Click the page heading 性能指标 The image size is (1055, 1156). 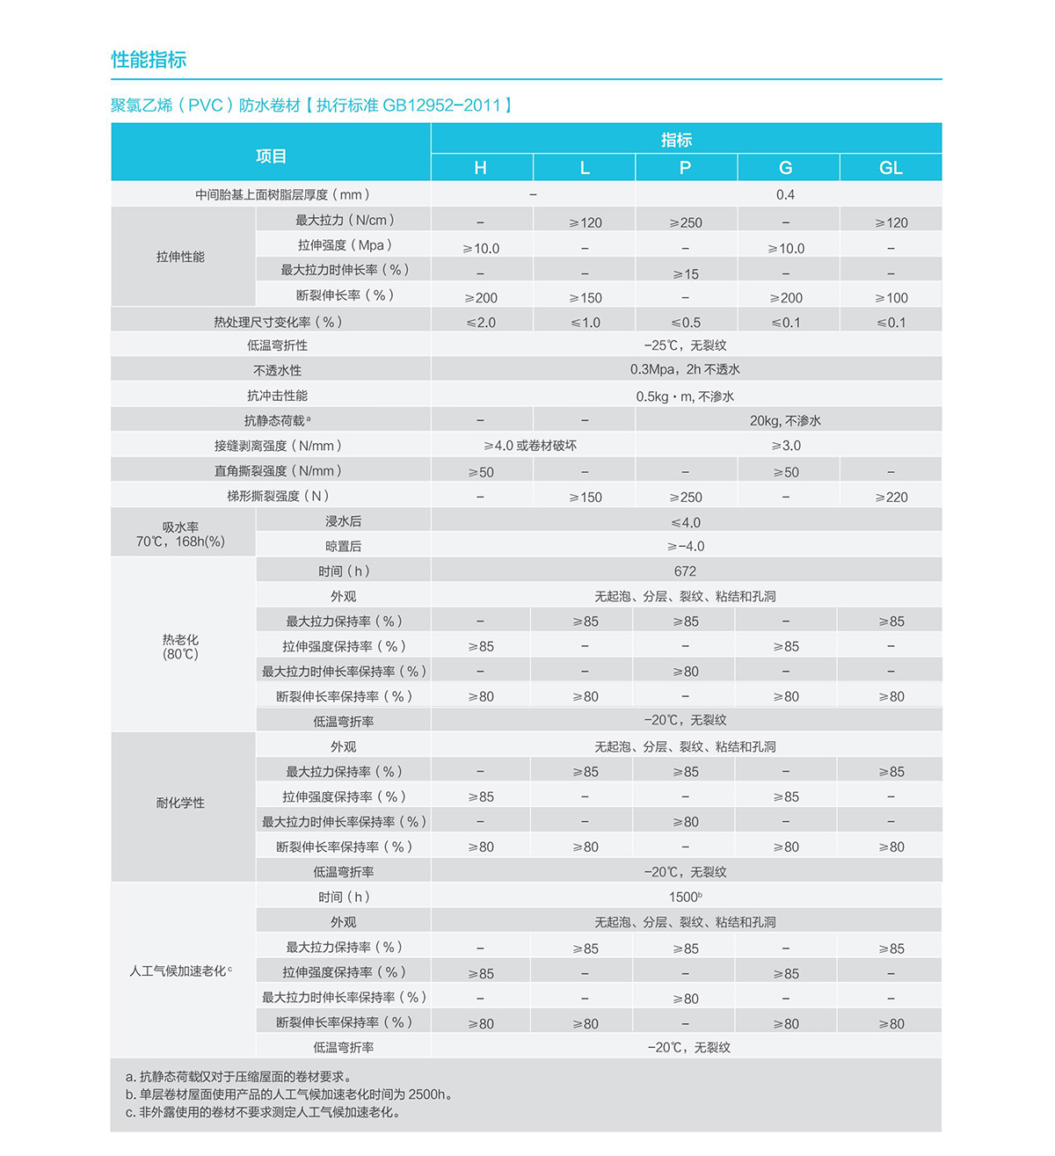pos(149,60)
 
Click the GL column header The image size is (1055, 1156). pos(891,168)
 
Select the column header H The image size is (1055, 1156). pos(480,168)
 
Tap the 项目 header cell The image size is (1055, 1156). pos(271,156)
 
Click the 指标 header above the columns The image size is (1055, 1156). pos(676,139)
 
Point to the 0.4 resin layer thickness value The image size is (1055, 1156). pos(785,194)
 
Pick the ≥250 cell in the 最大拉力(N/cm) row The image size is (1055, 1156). pos(686,222)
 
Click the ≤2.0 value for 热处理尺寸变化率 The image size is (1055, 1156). pos(481,323)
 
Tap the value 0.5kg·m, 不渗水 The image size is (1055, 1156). pos(685,396)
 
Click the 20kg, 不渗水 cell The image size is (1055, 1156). pos(785,421)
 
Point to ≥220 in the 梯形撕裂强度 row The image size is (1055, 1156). pos(891,497)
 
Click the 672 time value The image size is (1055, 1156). pos(685,571)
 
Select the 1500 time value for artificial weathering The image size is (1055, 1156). pos(685,898)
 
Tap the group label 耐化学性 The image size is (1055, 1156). pos(180,803)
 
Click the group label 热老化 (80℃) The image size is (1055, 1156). pos(180,646)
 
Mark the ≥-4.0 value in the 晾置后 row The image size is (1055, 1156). pos(685,546)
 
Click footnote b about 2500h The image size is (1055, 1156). pos(289,1094)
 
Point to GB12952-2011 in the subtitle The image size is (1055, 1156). pos(441,105)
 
